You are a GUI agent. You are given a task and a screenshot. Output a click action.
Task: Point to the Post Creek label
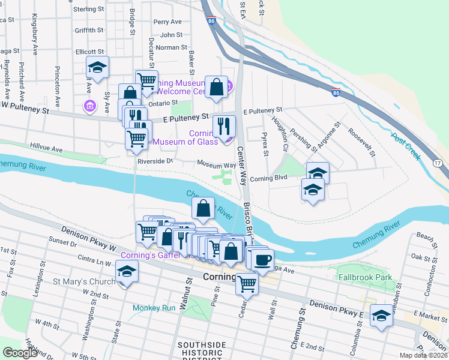point(406,148)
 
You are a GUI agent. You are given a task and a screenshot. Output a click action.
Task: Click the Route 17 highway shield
point(438,163)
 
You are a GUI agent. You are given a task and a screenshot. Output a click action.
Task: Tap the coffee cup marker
point(262,260)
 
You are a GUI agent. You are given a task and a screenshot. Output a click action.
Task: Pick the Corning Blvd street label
point(269,178)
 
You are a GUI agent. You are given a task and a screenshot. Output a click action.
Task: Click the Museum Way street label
point(217,164)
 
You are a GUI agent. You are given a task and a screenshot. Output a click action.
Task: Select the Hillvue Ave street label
point(46,148)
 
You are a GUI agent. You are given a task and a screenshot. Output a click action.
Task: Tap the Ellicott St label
point(90,52)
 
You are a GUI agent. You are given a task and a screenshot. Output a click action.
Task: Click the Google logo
point(20,353)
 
